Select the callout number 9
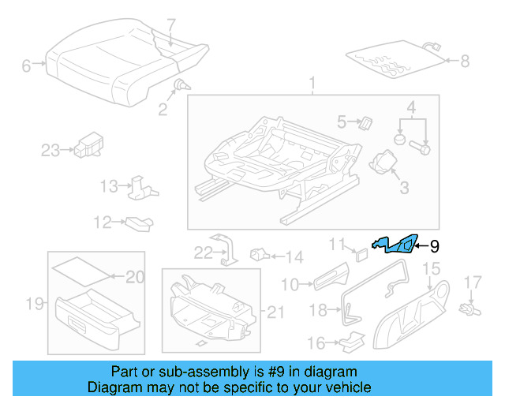[x=433, y=246]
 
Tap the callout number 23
[x=50, y=150]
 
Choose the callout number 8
[x=465, y=60]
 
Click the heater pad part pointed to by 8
[x=392, y=60]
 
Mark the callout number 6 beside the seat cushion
[x=27, y=66]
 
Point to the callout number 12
[x=103, y=223]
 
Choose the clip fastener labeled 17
[x=470, y=303]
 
